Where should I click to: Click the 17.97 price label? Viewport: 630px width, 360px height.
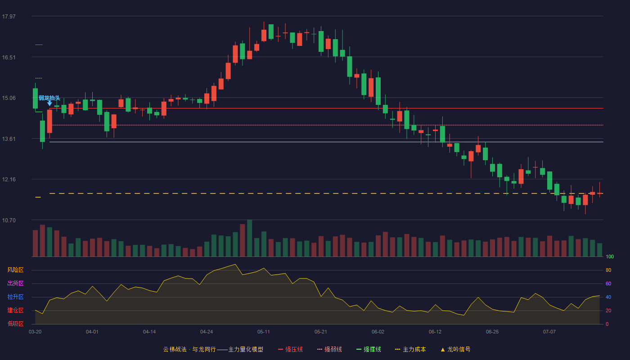pyautogui.click(x=9, y=16)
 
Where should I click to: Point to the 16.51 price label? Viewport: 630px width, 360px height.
pyautogui.click(x=9, y=58)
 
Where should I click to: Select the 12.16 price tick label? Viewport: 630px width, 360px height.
pyautogui.click(x=9, y=179)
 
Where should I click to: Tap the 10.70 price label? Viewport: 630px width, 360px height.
pyautogui.click(x=9, y=220)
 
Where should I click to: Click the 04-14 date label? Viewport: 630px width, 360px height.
pyautogui.click(x=149, y=332)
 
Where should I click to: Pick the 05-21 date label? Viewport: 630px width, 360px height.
pyautogui.click(x=320, y=332)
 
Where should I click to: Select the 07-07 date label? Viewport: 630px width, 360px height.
pyautogui.click(x=549, y=332)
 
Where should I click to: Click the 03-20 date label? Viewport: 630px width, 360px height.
pyautogui.click(x=35, y=332)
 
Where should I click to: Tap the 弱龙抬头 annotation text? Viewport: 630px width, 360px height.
pyautogui.click(x=49, y=98)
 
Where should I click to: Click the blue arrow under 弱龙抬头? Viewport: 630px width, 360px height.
pyautogui.click(x=49, y=103)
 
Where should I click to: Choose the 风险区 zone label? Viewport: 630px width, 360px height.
pyautogui.click(x=15, y=270)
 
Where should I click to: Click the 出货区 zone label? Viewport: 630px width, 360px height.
pyautogui.click(x=15, y=283)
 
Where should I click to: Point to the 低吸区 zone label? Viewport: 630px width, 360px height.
pyautogui.click(x=15, y=324)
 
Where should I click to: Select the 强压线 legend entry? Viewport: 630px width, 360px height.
pyautogui.click(x=290, y=349)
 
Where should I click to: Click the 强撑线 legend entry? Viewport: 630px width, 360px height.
pyautogui.click(x=369, y=349)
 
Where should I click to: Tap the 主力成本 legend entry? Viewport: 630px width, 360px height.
pyautogui.click(x=410, y=349)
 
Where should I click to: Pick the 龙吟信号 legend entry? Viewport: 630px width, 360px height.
pyautogui.click(x=455, y=349)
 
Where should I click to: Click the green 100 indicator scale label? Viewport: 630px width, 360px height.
pyautogui.click(x=610, y=256)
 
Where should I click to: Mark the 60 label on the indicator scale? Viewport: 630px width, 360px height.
pyautogui.click(x=608, y=283)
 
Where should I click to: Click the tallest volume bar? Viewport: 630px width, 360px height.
pyautogui.click(x=249, y=238)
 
